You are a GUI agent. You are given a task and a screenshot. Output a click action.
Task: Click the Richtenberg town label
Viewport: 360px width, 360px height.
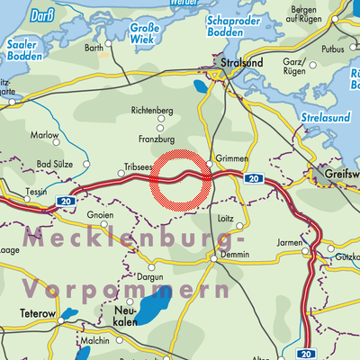pyautogui.click(x=151, y=110)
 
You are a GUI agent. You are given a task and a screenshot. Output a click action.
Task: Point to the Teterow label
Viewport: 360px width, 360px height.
pyautogui.click(x=37, y=314)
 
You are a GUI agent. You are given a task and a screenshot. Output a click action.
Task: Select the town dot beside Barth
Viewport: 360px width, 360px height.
pyautogui.click(x=109, y=42)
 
